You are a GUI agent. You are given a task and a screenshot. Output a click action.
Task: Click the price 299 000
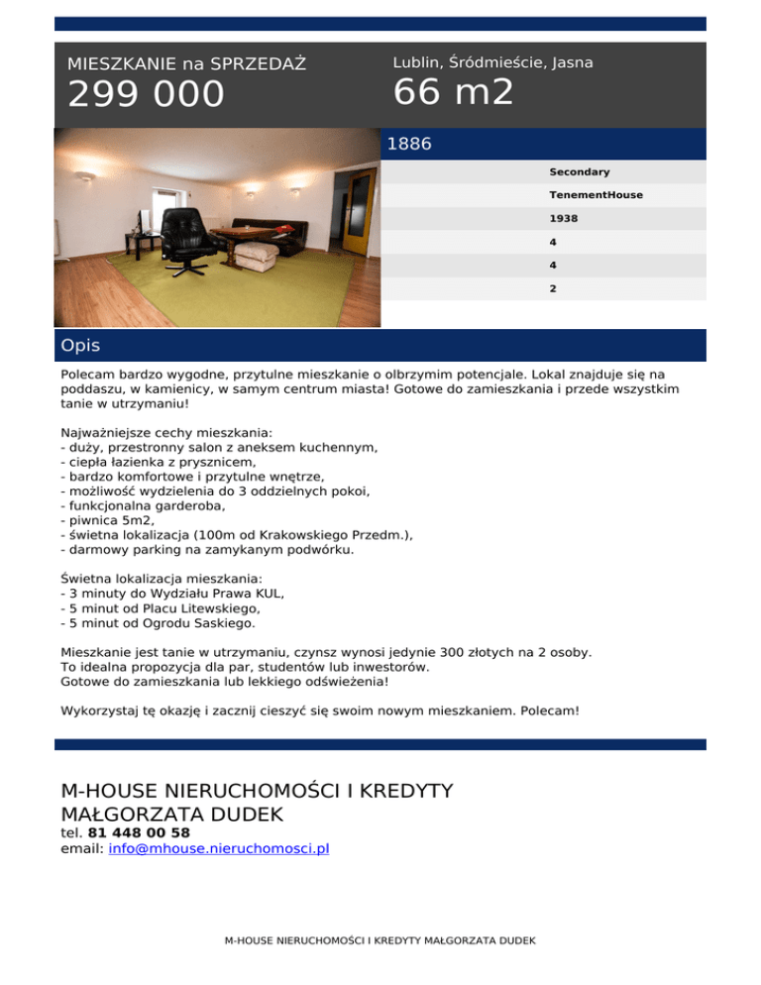click(146, 95)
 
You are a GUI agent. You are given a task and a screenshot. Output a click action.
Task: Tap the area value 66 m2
click(453, 93)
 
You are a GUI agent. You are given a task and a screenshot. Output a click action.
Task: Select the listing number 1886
click(409, 145)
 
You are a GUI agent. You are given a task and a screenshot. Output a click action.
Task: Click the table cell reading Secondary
click(580, 172)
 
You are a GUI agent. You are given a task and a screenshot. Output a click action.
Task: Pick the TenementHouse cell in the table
click(596, 195)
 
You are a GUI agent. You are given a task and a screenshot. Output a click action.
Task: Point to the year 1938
click(564, 218)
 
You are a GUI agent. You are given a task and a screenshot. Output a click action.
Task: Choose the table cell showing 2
click(553, 289)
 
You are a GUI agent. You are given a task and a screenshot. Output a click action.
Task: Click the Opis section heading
click(80, 346)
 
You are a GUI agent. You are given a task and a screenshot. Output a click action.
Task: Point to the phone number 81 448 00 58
click(139, 833)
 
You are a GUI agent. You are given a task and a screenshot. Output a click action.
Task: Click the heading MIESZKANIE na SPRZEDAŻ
click(186, 64)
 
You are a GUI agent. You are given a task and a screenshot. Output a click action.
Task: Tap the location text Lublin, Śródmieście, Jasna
click(492, 62)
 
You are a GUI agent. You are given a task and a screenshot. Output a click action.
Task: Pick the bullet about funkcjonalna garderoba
click(143, 504)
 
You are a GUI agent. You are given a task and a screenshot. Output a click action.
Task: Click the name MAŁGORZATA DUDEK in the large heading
click(172, 815)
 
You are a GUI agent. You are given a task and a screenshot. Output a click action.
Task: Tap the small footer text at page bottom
click(380, 939)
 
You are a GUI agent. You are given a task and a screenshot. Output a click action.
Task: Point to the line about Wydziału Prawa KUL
click(172, 593)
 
